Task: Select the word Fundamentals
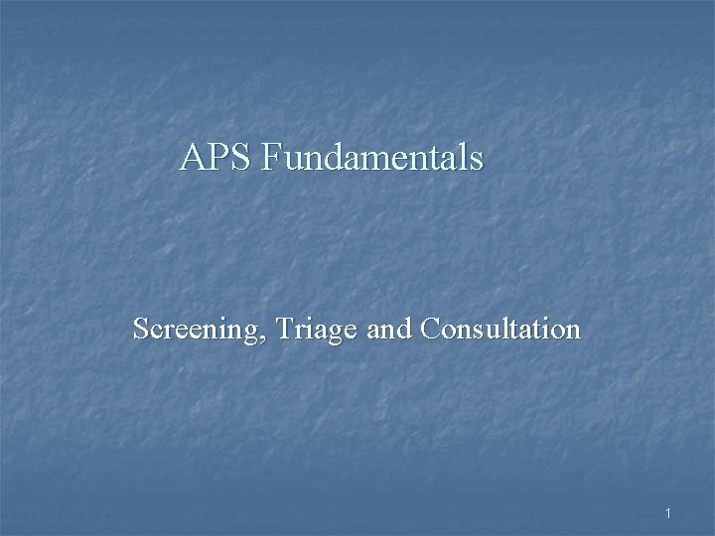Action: pyautogui.click(x=372, y=158)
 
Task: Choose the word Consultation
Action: pyautogui.click(x=500, y=329)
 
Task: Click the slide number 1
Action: pyautogui.click(x=669, y=513)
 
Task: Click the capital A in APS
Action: pyautogui.click(x=193, y=158)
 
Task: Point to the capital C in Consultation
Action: pyautogui.click(x=430, y=329)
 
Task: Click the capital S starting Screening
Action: pyautogui.click(x=141, y=329)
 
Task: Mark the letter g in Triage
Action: pyautogui.click(x=334, y=334)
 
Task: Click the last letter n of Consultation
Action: pyautogui.click(x=573, y=332)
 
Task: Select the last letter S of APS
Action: pyautogui.click(x=239, y=158)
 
